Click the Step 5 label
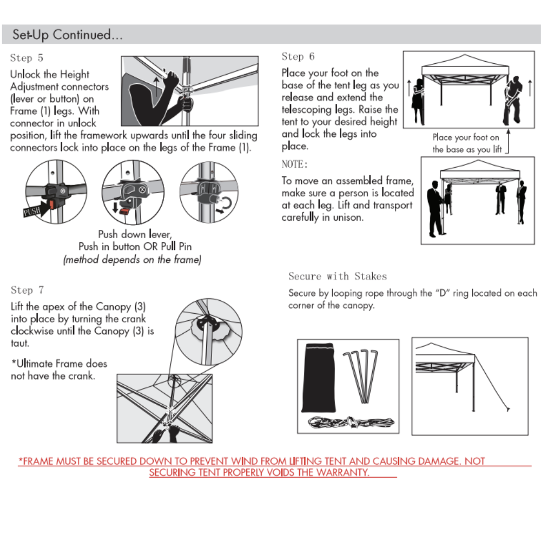(27, 58)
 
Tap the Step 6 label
(298, 57)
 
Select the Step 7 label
(28, 291)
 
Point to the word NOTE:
(294, 164)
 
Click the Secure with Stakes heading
(338, 276)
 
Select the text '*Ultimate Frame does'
(59, 364)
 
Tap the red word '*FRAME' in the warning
(36, 461)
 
